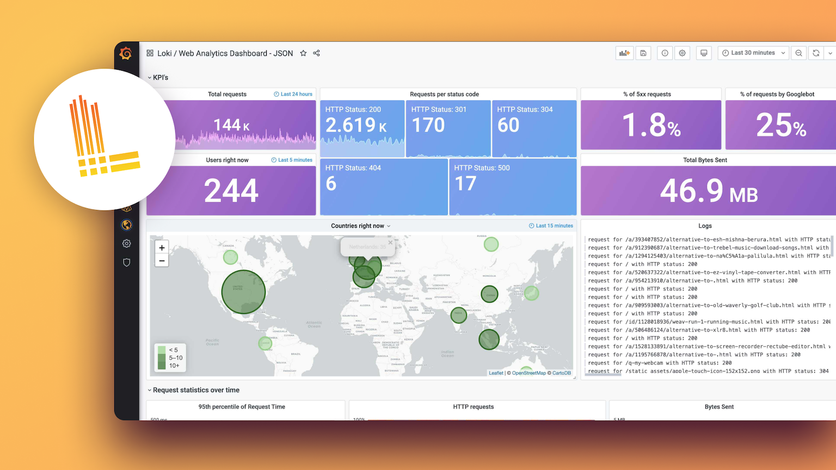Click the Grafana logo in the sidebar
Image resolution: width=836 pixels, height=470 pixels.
pyautogui.click(x=126, y=53)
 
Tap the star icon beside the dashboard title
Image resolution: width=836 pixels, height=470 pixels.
pyautogui.click(x=303, y=53)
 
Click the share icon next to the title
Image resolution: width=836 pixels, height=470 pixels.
pyautogui.click(x=316, y=53)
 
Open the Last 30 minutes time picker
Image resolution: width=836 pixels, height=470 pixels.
pyautogui.click(x=753, y=53)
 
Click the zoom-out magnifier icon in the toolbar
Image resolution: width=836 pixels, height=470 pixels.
pyautogui.click(x=798, y=53)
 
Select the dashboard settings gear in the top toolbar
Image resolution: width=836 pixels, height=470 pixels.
pyautogui.click(x=682, y=53)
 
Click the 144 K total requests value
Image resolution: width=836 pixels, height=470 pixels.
pyautogui.click(x=231, y=125)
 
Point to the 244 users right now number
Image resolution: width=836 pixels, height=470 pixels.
pyautogui.click(x=231, y=190)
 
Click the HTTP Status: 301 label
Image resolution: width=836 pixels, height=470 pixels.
pyautogui.click(x=439, y=109)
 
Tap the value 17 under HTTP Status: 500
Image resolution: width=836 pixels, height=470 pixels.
pyautogui.click(x=465, y=184)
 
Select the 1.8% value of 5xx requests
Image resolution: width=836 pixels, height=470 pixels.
pyautogui.click(x=651, y=125)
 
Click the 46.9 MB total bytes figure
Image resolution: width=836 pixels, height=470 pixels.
pyautogui.click(x=709, y=191)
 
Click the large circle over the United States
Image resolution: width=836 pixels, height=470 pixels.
pyautogui.click(x=243, y=292)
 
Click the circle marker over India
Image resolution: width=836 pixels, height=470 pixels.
pyautogui.click(x=459, y=314)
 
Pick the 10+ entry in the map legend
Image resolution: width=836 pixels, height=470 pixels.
pyautogui.click(x=174, y=366)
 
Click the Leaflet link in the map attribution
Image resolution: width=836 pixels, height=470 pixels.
pyautogui.click(x=496, y=373)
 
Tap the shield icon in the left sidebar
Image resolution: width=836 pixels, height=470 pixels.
pyautogui.click(x=127, y=262)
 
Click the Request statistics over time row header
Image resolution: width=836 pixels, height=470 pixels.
pyautogui.click(x=196, y=390)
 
